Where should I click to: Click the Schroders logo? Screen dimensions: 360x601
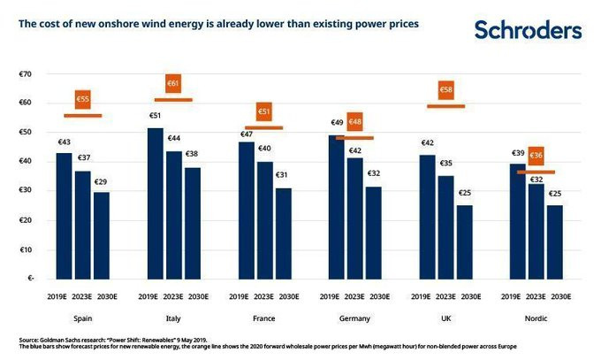(x=529, y=30)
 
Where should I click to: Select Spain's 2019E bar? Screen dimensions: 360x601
(x=65, y=215)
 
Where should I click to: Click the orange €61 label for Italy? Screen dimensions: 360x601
(x=173, y=84)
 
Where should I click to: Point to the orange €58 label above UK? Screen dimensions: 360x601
(x=446, y=89)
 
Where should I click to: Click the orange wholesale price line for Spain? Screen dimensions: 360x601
(x=83, y=116)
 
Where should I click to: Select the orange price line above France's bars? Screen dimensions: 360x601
(x=264, y=127)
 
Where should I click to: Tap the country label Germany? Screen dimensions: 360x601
(x=354, y=318)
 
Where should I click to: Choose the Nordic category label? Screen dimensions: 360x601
(x=536, y=318)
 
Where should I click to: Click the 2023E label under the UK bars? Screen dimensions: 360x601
(x=446, y=296)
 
